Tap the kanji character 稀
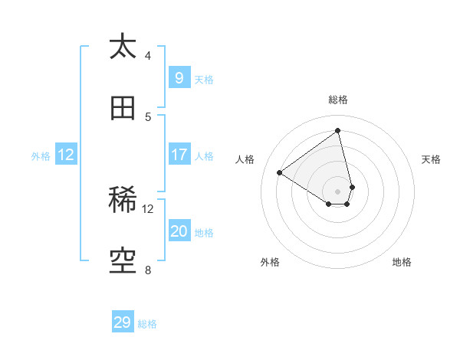123,201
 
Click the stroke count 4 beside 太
148,55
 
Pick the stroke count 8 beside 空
148,270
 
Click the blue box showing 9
179,77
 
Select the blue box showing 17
179,155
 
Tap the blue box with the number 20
179,231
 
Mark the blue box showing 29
123,322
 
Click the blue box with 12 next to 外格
66,155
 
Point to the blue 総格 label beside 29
147,324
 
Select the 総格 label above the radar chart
338,100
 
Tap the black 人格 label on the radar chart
245,159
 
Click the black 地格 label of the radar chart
402,262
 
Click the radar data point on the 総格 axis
337,131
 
